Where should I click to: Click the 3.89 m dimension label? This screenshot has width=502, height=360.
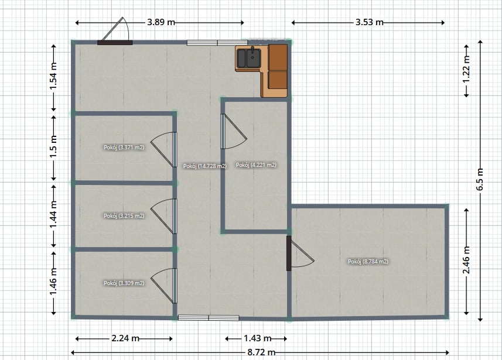[161, 22]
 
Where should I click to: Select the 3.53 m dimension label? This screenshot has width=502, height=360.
[370, 22]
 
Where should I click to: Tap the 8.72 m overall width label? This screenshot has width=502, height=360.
[261, 352]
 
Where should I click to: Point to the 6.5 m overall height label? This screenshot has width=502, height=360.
[480, 179]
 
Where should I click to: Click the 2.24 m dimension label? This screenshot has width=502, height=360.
[125, 338]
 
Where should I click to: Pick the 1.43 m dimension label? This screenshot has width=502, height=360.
[257, 338]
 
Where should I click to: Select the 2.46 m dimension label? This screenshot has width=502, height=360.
[466, 260]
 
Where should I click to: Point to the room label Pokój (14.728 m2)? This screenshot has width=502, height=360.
[205, 166]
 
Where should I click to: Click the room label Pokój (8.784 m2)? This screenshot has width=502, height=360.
[368, 262]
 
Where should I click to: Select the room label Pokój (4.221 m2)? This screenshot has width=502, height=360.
[256, 165]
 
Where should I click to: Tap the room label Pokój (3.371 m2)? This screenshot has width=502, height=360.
[124, 148]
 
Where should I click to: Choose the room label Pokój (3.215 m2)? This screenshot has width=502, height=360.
[124, 216]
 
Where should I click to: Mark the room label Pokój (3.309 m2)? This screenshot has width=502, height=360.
[124, 283]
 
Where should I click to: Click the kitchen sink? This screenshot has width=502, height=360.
[249, 58]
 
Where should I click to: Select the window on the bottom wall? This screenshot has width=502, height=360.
[209, 317]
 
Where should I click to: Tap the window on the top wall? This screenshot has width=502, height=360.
[217, 43]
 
